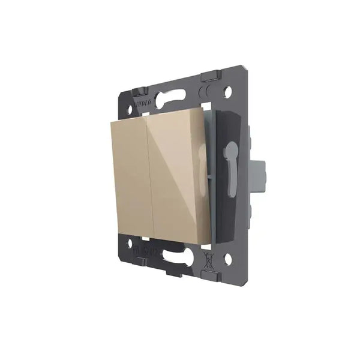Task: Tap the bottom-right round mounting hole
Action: click(x=228, y=260)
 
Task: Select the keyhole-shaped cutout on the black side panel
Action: click(x=230, y=151)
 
